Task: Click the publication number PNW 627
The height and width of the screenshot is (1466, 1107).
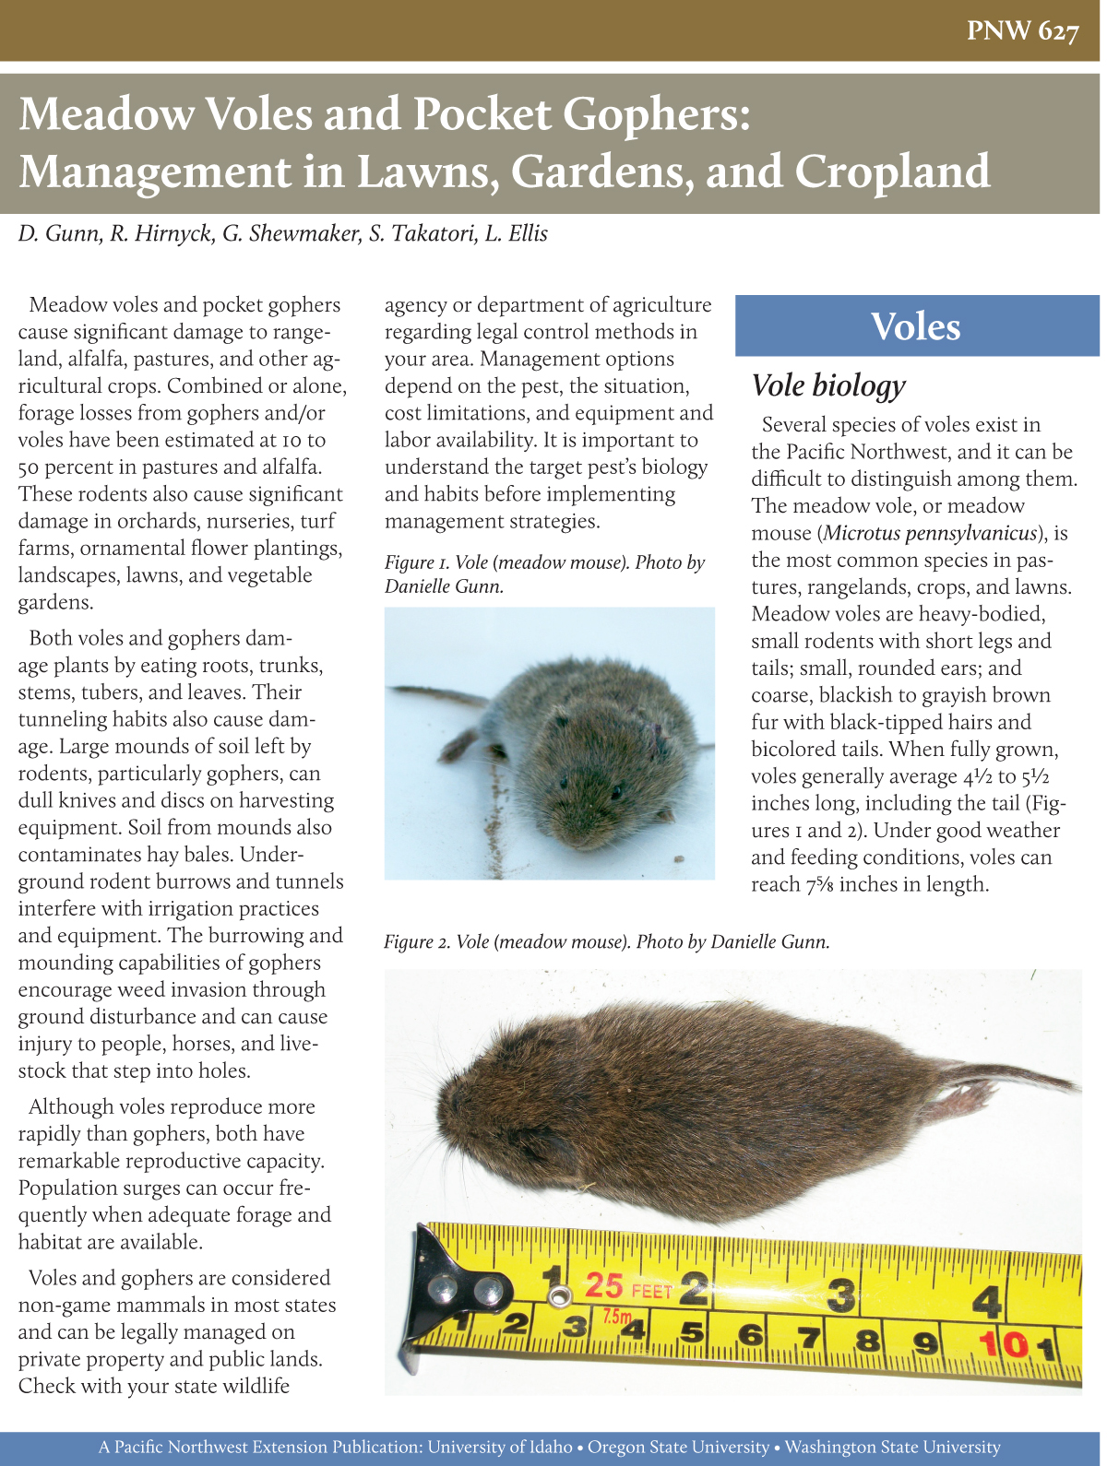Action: pos(1022,31)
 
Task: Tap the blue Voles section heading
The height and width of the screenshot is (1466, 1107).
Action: pos(916,326)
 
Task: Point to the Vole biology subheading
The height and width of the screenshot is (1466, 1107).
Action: pos(827,385)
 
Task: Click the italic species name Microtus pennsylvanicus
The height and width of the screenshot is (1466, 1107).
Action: pos(930,533)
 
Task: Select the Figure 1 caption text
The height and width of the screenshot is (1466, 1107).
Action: pos(544,573)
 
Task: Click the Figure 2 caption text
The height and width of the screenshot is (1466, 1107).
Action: pos(606,941)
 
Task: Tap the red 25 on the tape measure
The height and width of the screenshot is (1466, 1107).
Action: pos(604,1285)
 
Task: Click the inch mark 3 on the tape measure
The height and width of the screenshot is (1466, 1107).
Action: pos(839,1295)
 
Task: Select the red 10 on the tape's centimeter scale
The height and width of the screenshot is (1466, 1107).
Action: pos(1003,1344)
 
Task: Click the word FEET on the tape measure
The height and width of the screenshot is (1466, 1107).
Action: pos(651,1291)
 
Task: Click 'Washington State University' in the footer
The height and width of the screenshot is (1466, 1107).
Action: pos(892,1448)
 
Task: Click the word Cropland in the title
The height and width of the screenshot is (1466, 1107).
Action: pos(892,171)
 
